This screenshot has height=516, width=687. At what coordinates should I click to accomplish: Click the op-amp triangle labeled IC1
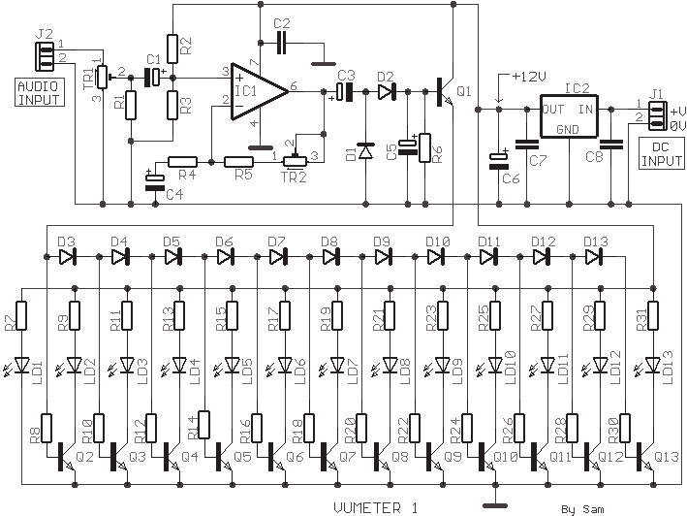pyautogui.click(x=259, y=91)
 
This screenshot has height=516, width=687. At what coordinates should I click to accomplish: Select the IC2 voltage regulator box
pyautogui.click(x=569, y=116)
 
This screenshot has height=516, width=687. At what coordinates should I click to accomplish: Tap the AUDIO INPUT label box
pyautogui.click(x=40, y=92)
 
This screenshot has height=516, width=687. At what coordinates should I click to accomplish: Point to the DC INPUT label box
pyautogui.click(x=662, y=153)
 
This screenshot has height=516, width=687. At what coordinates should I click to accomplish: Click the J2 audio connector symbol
pyautogui.click(x=45, y=56)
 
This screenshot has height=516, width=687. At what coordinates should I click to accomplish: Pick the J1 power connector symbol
pyautogui.click(x=658, y=115)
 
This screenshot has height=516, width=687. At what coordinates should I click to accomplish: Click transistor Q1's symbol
pyautogui.click(x=446, y=91)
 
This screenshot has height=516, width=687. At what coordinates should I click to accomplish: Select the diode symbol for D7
pyautogui.click(x=277, y=257)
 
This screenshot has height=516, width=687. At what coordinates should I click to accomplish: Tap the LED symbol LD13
pyautogui.click(x=653, y=365)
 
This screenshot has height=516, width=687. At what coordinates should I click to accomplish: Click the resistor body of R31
pyautogui.click(x=653, y=315)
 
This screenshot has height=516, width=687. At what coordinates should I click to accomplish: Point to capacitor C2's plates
pyautogui.click(x=281, y=43)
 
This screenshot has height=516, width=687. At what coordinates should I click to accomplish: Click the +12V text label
pyautogui.click(x=529, y=78)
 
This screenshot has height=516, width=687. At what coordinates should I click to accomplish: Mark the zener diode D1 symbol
pyautogui.click(x=366, y=151)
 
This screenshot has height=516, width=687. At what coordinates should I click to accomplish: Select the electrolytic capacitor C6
pyautogui.click(x=499, y=161)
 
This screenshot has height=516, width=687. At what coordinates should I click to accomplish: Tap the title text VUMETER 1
pyautogui.click(x=376, y=508)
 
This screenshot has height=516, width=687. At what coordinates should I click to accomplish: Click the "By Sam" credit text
pyautogui.click(x=582, y=509)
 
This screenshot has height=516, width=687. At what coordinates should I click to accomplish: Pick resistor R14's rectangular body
pyautogui.click(x=204, y=425)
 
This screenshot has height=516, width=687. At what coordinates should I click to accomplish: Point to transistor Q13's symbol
pyautogui.click(x=645, y=457)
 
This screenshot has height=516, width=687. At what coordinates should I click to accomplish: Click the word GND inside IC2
pyautogui.click(x=568, y=130)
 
